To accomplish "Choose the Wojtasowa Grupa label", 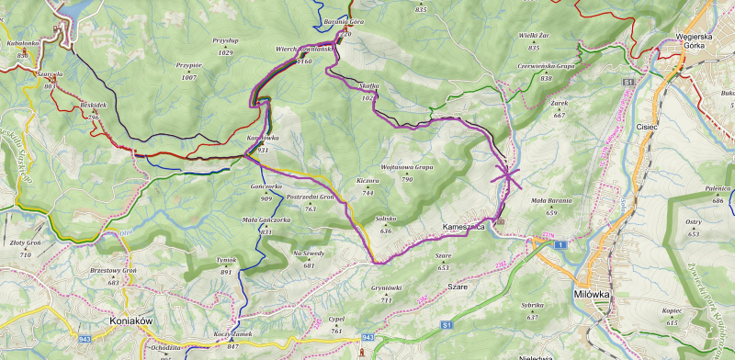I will [x=406, y=168].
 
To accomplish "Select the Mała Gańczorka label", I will [x=266, y=220].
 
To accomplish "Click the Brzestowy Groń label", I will [x=113, y=272].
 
